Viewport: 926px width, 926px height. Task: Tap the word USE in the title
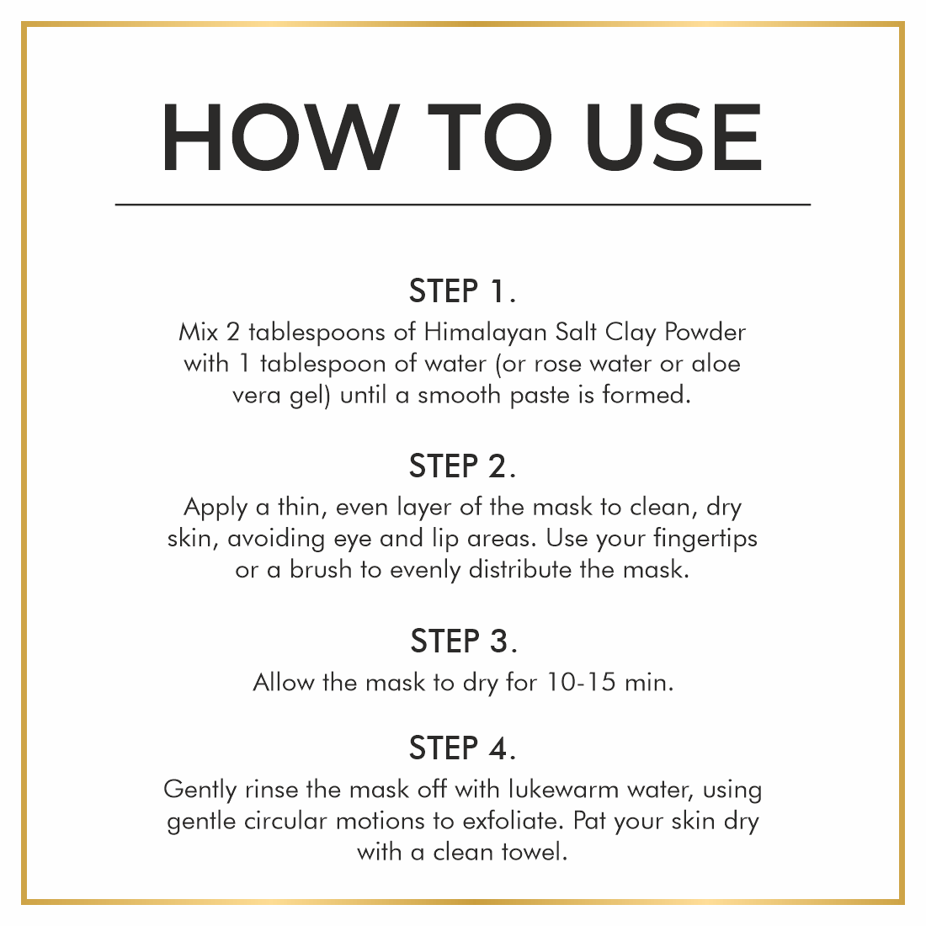tap(673, 137)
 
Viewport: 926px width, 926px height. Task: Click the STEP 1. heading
tap(462, 291)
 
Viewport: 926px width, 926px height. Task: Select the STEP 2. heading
tap(462, 466)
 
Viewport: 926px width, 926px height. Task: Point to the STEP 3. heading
tap(464, 641)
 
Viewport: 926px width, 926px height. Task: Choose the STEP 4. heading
tap(462, 748)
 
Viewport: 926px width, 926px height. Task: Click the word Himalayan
tap(486, 333)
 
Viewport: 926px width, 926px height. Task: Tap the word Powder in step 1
tap(705, 332)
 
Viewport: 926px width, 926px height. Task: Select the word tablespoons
tap(317, 333)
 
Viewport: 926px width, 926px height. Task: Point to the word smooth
tap(459, 395)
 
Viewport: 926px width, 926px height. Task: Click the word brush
tap(321, 570)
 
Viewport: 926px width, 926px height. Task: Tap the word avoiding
tap(276, 539)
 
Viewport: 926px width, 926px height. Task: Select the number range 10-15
tap(581, 683)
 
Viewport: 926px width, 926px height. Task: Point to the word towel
tap(534, 852)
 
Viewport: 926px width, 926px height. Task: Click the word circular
tap(285, 822)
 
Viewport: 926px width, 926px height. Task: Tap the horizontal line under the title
tap(463, 205)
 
